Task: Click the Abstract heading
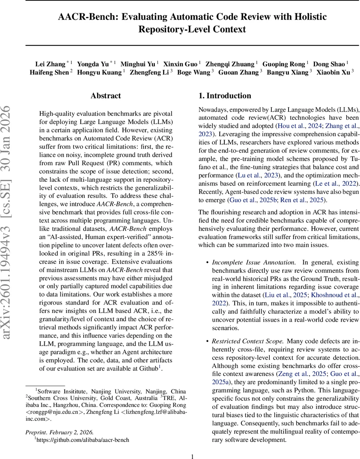click(x=105, y=96)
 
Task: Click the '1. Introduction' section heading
click(x=225, y=96)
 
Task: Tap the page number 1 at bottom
click(x=192, y=456)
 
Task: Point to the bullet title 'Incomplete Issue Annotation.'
click(x=253, y=262)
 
